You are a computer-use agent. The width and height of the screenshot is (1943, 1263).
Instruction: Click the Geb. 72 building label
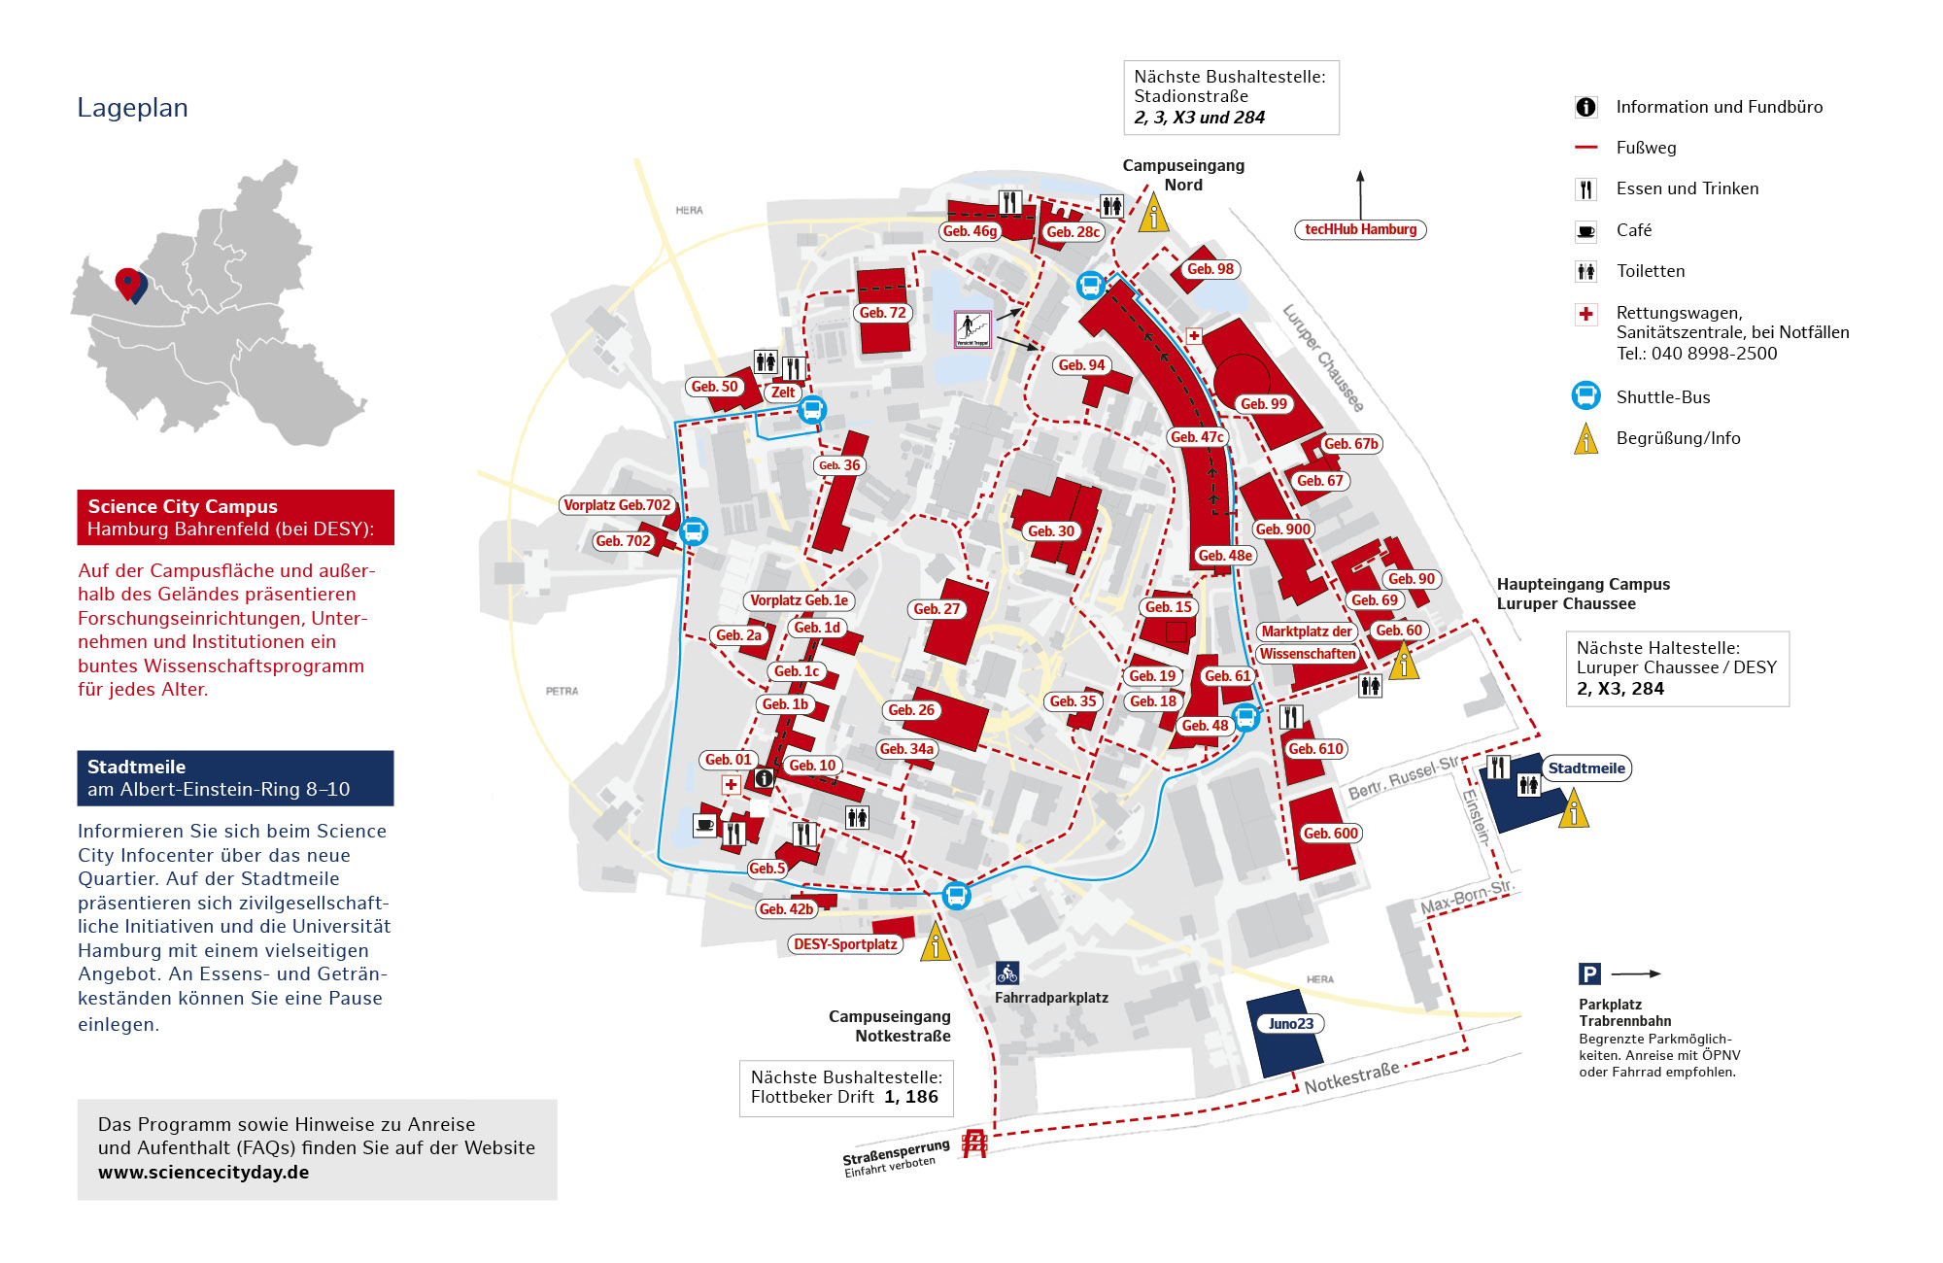(882, 313)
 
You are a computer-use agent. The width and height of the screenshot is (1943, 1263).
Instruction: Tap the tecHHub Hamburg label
(1360, 230)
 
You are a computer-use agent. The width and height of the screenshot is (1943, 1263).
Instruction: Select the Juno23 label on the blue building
(1290, 1024)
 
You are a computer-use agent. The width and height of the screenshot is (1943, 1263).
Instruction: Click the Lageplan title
(132, 108)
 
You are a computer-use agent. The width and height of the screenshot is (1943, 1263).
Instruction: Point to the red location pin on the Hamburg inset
(127, 283)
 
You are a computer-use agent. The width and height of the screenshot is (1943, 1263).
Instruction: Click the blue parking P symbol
(1589, 973)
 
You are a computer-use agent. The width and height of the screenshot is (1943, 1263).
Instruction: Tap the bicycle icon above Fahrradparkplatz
(1007, 973)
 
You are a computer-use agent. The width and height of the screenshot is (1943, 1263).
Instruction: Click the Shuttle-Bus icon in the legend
(1585, 396)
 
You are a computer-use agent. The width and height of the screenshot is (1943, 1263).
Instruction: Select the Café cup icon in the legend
(1585, 231)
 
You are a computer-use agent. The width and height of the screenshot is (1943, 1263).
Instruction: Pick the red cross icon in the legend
(1585, 314)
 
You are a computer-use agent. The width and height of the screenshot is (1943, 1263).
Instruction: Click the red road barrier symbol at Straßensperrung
(974, 1144)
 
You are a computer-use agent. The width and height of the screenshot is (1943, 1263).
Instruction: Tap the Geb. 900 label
(1282, 529)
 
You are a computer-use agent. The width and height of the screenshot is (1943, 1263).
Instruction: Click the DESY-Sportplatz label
(845, 944)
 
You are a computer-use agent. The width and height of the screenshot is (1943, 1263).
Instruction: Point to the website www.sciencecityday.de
(203, 1173)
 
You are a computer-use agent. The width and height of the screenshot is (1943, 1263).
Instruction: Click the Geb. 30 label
(1051, 531)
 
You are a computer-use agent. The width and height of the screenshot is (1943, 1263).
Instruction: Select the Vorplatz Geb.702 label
(617, 505)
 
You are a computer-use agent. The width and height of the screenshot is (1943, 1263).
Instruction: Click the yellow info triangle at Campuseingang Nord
(1153, 213)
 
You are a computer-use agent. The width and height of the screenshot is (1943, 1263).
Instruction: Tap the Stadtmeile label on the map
(1585, 768)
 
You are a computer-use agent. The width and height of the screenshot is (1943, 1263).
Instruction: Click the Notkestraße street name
(1351, 1077)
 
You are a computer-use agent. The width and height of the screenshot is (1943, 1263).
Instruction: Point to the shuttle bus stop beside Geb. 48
(1245, 718)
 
